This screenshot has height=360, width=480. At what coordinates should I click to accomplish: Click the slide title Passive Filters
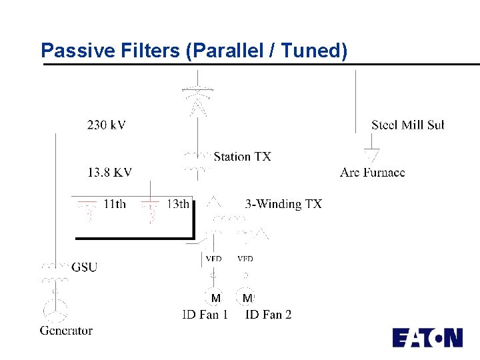194,51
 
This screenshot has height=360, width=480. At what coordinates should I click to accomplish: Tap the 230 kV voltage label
106,124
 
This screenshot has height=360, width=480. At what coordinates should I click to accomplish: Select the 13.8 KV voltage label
109,173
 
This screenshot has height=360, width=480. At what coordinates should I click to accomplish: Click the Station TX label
242,157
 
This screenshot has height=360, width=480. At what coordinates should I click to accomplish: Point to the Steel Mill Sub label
407,125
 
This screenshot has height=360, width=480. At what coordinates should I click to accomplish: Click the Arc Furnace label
372,173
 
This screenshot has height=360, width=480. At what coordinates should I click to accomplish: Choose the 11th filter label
114,204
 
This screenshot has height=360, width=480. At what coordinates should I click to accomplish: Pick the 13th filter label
177,204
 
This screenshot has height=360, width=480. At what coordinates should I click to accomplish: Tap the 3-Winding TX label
283,204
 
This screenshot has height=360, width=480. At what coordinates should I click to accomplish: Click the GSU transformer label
84,267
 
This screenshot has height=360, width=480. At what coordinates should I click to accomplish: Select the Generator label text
66,330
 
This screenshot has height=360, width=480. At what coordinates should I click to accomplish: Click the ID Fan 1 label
205,314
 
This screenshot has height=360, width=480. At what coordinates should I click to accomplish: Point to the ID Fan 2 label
268,314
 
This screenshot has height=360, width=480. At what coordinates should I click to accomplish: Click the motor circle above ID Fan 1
215,297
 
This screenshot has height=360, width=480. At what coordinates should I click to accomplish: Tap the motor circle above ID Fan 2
247,297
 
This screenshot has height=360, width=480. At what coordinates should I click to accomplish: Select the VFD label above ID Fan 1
213,259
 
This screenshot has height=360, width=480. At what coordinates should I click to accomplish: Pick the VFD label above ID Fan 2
245,259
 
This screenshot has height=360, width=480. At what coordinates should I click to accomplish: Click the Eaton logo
427,337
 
